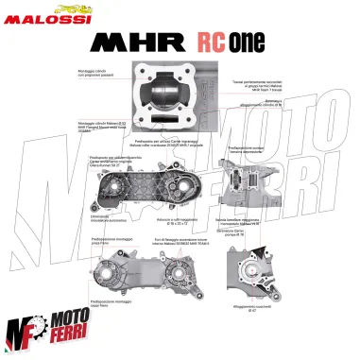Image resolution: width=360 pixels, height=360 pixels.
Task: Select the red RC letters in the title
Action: (x=214, y=44)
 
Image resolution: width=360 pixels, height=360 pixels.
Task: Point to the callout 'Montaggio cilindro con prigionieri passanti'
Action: (x=91, y=74)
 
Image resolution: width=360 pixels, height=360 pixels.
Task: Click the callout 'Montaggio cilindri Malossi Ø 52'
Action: (x=94, y=127)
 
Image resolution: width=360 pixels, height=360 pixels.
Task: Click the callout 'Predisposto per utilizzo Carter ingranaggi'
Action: (x=180, y=141)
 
